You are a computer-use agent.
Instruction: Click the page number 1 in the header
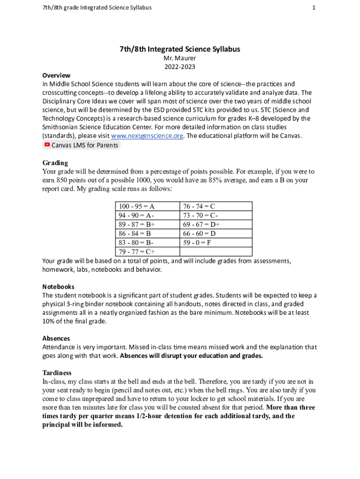pyautogui.click(x=314, y=7)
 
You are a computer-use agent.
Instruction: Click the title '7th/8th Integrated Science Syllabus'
pyautogui.click(x=180, y=49)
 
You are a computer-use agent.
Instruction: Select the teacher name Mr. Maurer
pyautogui.click(x=180, y=58)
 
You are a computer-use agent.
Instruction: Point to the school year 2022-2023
pyautogui.click(x=180, y=66)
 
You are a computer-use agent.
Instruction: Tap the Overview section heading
pyautogui.click(x=56, y=75)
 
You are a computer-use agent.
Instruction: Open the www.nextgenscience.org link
pyautogui.click(x=147, y=136)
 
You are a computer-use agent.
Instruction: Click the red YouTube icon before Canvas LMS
pyautogui.click(x=47, y=145)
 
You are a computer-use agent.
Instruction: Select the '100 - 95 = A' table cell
pyautogui.click(x=147, y=206)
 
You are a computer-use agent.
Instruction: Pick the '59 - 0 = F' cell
pyautogui.click(x=216, y=243)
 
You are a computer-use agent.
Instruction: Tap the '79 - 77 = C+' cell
pyautogui.click(x=147, y=252)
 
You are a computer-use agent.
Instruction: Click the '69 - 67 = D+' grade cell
pyautogui.click(x=216, y=225)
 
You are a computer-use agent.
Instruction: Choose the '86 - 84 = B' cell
pyautogui.click(x=147, y=233)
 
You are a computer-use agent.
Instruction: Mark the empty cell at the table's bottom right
pyautogui.click(x=216, y=252)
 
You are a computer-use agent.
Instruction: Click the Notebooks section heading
pyautogui.click(x=58, y=286)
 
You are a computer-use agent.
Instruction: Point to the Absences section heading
pyautogui.click(x=56, y=338)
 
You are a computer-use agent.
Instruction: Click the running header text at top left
pyautogui.click(x=96, y=7)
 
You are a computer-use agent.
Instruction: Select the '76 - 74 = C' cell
pyautogui.click(x=216, y=206)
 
